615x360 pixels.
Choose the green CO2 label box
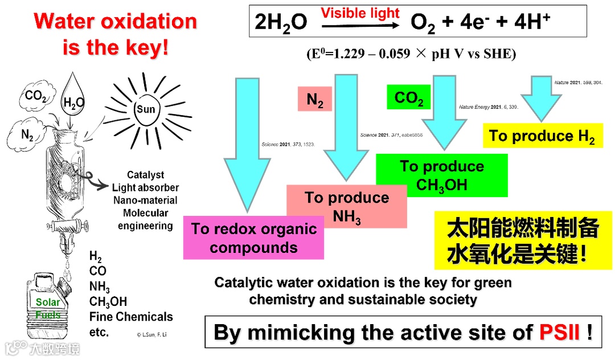408,97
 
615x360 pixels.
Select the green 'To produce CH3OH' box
441,175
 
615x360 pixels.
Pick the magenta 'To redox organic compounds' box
253,238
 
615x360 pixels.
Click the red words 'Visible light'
360,13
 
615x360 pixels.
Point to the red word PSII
559,332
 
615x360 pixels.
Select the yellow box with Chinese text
523,240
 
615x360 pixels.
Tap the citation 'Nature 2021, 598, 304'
577,83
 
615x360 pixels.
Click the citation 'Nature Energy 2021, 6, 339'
488,107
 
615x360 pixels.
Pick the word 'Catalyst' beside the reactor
145,175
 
